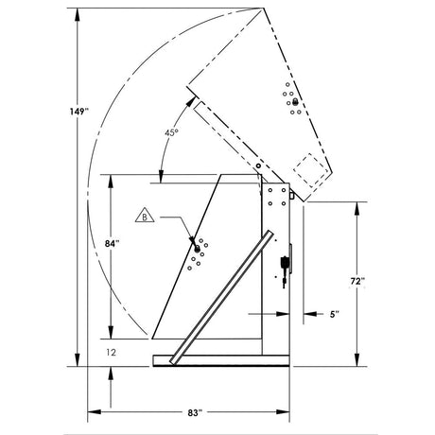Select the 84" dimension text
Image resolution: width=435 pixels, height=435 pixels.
click(112, 243)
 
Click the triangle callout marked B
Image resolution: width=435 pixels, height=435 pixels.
click(146, 217)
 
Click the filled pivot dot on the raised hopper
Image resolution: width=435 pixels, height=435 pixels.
click(296, 101)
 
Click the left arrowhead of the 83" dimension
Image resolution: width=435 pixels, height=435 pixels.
click(92, 412)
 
